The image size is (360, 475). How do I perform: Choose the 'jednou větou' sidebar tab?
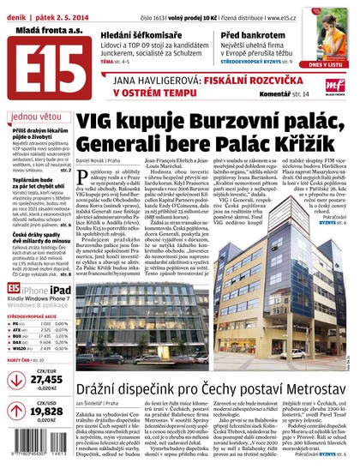(x=36, y=117)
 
